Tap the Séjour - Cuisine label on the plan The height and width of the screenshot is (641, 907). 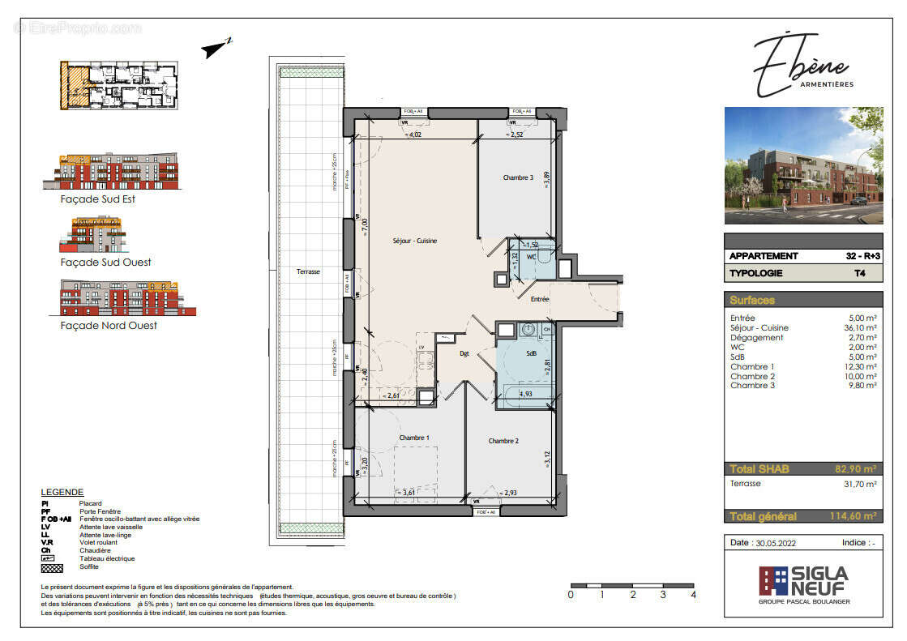pos(415,241)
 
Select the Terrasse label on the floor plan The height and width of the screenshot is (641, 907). pos(308,272)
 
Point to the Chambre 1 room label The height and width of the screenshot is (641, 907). pos(414,438)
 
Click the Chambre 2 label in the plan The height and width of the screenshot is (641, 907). pos(503,441)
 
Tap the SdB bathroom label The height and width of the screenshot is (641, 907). pos(532,353)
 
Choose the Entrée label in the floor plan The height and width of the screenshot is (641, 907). pos(540,299)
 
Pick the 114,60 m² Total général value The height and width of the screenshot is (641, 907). pos(854,516)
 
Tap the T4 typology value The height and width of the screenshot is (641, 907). pos(868,273)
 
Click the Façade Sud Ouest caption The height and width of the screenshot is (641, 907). pos(105,263)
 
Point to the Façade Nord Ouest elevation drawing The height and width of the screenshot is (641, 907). pos(127,298)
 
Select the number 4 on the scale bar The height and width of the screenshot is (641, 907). pos(694,594)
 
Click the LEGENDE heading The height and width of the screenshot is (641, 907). pos(62,492)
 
